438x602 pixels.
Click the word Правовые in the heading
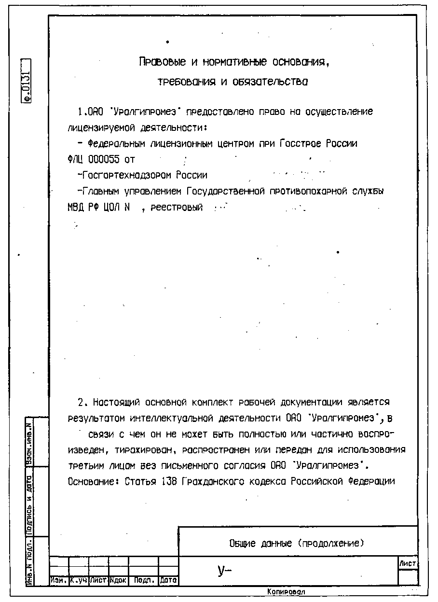pyautogui.click(x=156, y=62)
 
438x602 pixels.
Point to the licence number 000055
pyautogui.click(x=104, y=159)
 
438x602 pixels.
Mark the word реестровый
pyautogui.click(x=176, y=208)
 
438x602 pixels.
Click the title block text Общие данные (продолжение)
pyautogui.click(x=297, y=544)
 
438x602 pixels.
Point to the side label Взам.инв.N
pyautogui.click(x=29, y=441)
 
